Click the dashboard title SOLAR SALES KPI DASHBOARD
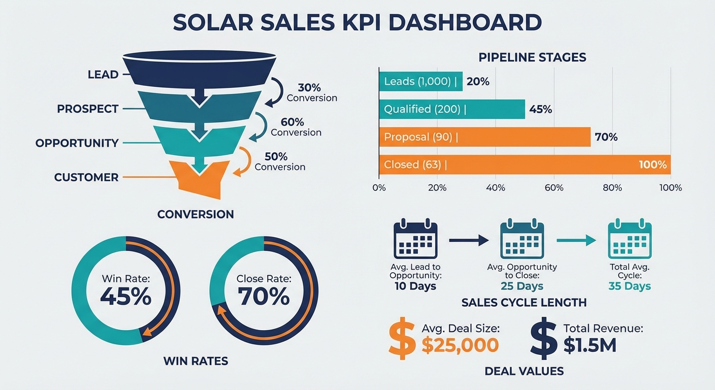(x=357, y=23)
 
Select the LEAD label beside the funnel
(x=103, y=75)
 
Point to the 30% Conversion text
(x=311, y=92)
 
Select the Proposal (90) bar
(x=484, y=137)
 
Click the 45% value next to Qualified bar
(x=540, y=109)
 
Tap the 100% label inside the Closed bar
(x=653, y=165)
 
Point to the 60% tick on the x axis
(x=554, y=188)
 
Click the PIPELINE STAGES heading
(x=532, y=57)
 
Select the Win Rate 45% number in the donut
(x=125, y=297)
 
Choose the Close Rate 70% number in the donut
(x=264, y=297)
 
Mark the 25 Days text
(x=522, y=286)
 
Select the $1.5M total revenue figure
(x=590, y=345)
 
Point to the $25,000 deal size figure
(x=460, y=345)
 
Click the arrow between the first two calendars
(x=468, y=241)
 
